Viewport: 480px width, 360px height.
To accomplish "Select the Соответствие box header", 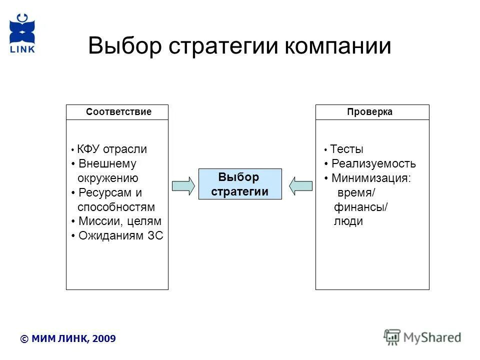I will [118, 112].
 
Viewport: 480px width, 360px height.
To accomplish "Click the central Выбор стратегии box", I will [240, 184].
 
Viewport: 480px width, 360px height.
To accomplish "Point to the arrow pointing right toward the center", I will [183, 185].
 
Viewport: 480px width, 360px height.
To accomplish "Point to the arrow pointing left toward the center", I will [301, 185].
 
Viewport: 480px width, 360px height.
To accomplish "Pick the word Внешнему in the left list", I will [107, 163].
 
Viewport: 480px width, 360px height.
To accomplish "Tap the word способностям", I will [116, 207].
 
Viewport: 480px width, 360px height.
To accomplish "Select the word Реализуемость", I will [373, 163].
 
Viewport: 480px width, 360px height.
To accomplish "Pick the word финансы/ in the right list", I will [360, 207].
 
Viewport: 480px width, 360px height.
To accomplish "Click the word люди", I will [348, 221].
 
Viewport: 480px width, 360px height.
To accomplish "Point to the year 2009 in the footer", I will [104, 338].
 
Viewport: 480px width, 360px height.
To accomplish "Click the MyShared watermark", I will [423, 337].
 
